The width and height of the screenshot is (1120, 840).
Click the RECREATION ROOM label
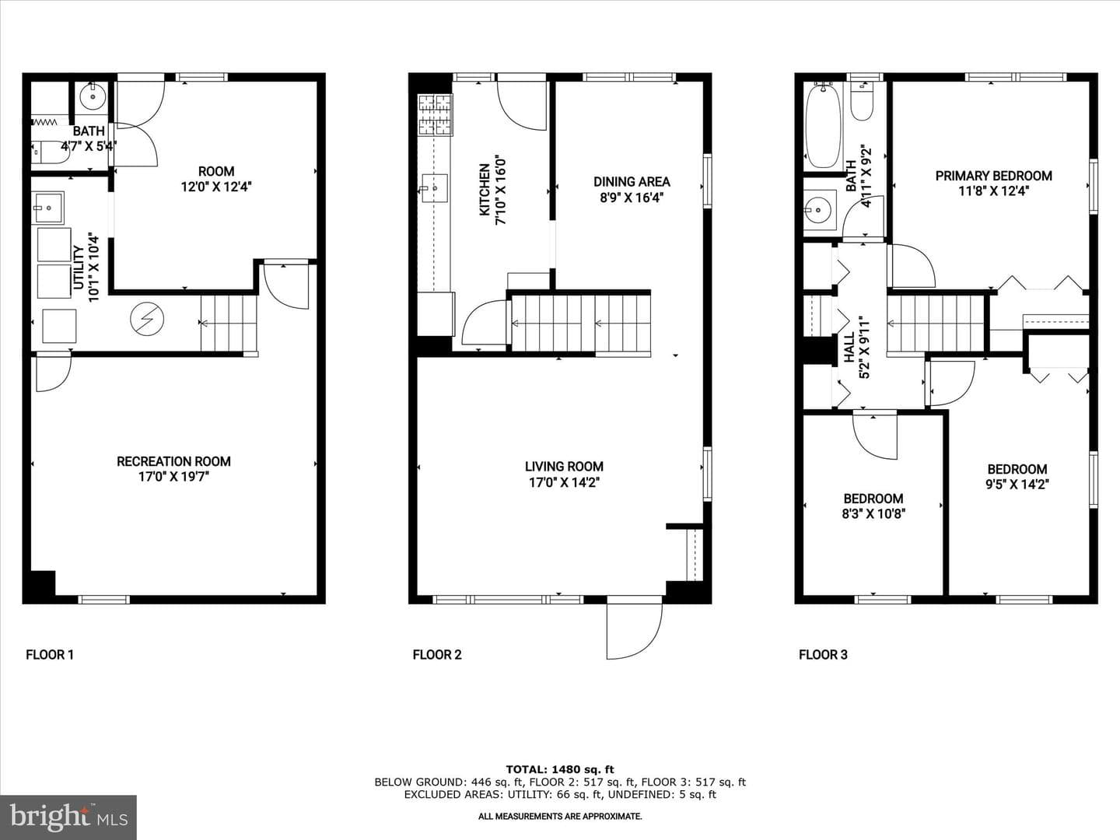pyautogui.click(x=173, y=461)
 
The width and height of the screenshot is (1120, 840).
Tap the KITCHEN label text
pyautogui.click(x=485, y=190)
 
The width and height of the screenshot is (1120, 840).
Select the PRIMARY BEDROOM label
pyautogui.click(x=993, y=176)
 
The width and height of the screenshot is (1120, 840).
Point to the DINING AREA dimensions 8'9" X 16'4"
pyautogui.click(x=632, y=198)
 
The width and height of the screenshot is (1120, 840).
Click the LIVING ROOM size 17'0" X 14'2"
pyautogui.click(x=564, y=482)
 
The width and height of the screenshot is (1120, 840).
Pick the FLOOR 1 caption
pyautogui.click(x=50, y=655)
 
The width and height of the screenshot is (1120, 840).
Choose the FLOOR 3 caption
pyautogui.click(x=823, y=655)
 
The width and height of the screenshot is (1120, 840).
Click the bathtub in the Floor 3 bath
pyautogui.click(x=823, y=126)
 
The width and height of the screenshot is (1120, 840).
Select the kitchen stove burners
pyautogui.click(x=436, y=115)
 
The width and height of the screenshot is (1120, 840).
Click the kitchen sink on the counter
pyautogui.click(x=435, y=188)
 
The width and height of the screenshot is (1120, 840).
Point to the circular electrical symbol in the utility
pyautogui.click(x=147, y=320)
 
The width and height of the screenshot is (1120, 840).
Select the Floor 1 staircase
pyautogui.click(x=229, y=324)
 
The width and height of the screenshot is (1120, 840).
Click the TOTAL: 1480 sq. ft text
pyautogui.click(x=560, y=769)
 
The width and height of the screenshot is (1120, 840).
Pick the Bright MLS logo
pyautogui.click(x=68, y=817)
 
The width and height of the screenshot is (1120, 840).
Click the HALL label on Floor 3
pyautogui.click(x=849, y=348)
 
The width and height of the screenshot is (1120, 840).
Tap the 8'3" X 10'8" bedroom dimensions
pyautogui.click(x=873, y=513)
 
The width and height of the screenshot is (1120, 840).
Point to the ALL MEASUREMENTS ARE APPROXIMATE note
pyautogui.click(x=560, y=817)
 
